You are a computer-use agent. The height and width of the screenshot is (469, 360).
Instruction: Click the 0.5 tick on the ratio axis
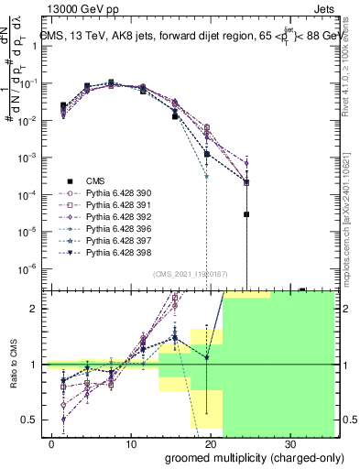pos(35,420)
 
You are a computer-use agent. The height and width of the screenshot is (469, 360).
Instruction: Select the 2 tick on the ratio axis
pos(38,309)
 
